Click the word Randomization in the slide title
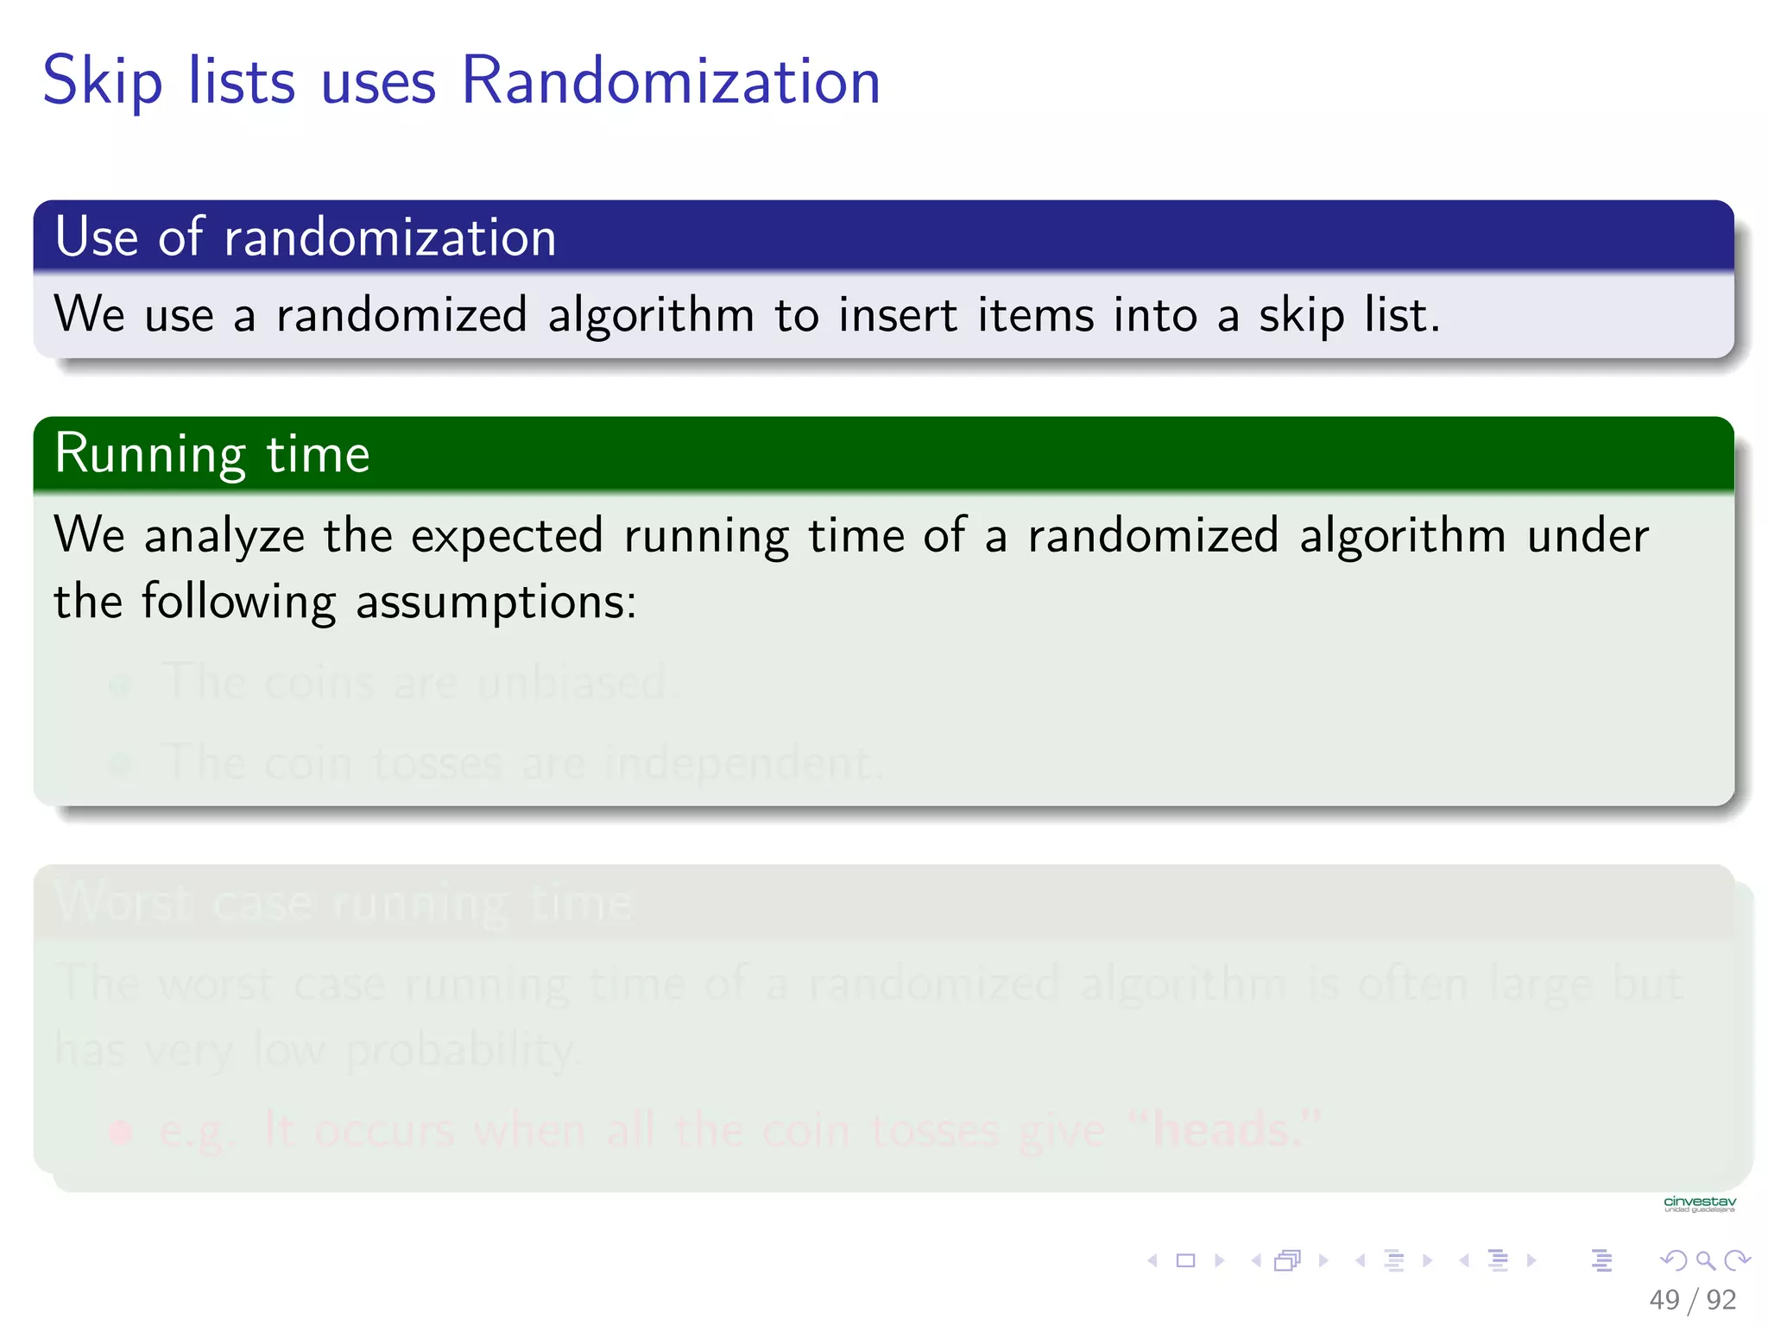click(x=670, y=81)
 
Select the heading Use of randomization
click(x=306, y=237)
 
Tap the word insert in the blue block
click(x=897, y=314)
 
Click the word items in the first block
click(x=1033, y=314)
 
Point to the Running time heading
click(x=212, y=454)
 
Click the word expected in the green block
click(x=506, y=536)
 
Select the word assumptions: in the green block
click(x=496, y=602)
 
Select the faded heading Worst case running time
click(x=344, y=903)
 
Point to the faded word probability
click(x=461, y=1051)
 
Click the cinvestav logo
click(x=1699, y=1203)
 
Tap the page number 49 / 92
click(x=1691, y=1299)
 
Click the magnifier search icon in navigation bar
click(x=1705, y=1260)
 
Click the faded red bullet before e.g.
click(x=121, y=1131)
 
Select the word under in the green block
click(x=1587, y=536)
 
